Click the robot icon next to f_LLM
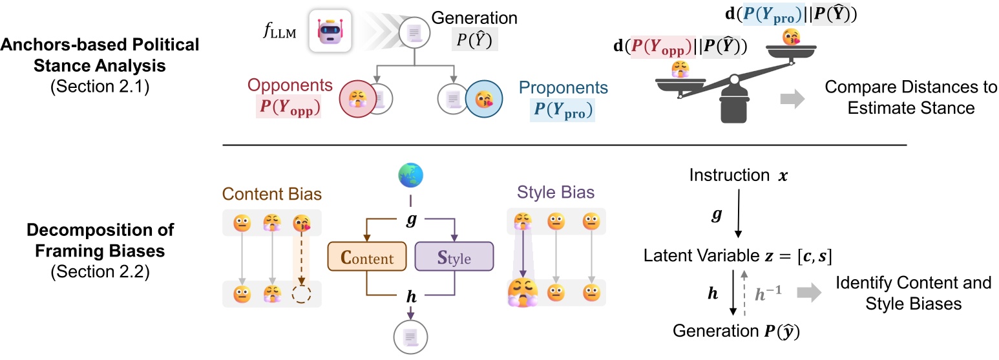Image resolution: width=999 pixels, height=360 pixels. tap(330, 30)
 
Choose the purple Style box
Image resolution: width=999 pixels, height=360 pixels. tap(454, 259)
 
